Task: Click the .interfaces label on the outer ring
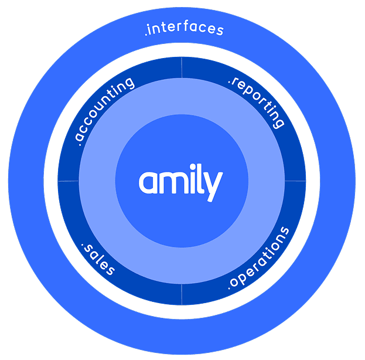coord(184,29)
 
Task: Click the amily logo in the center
coord(180,181)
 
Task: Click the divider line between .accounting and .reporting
coord(182,67)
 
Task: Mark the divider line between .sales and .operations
coord(182,294)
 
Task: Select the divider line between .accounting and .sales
coord(68,181)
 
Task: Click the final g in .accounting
coord(129,82)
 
